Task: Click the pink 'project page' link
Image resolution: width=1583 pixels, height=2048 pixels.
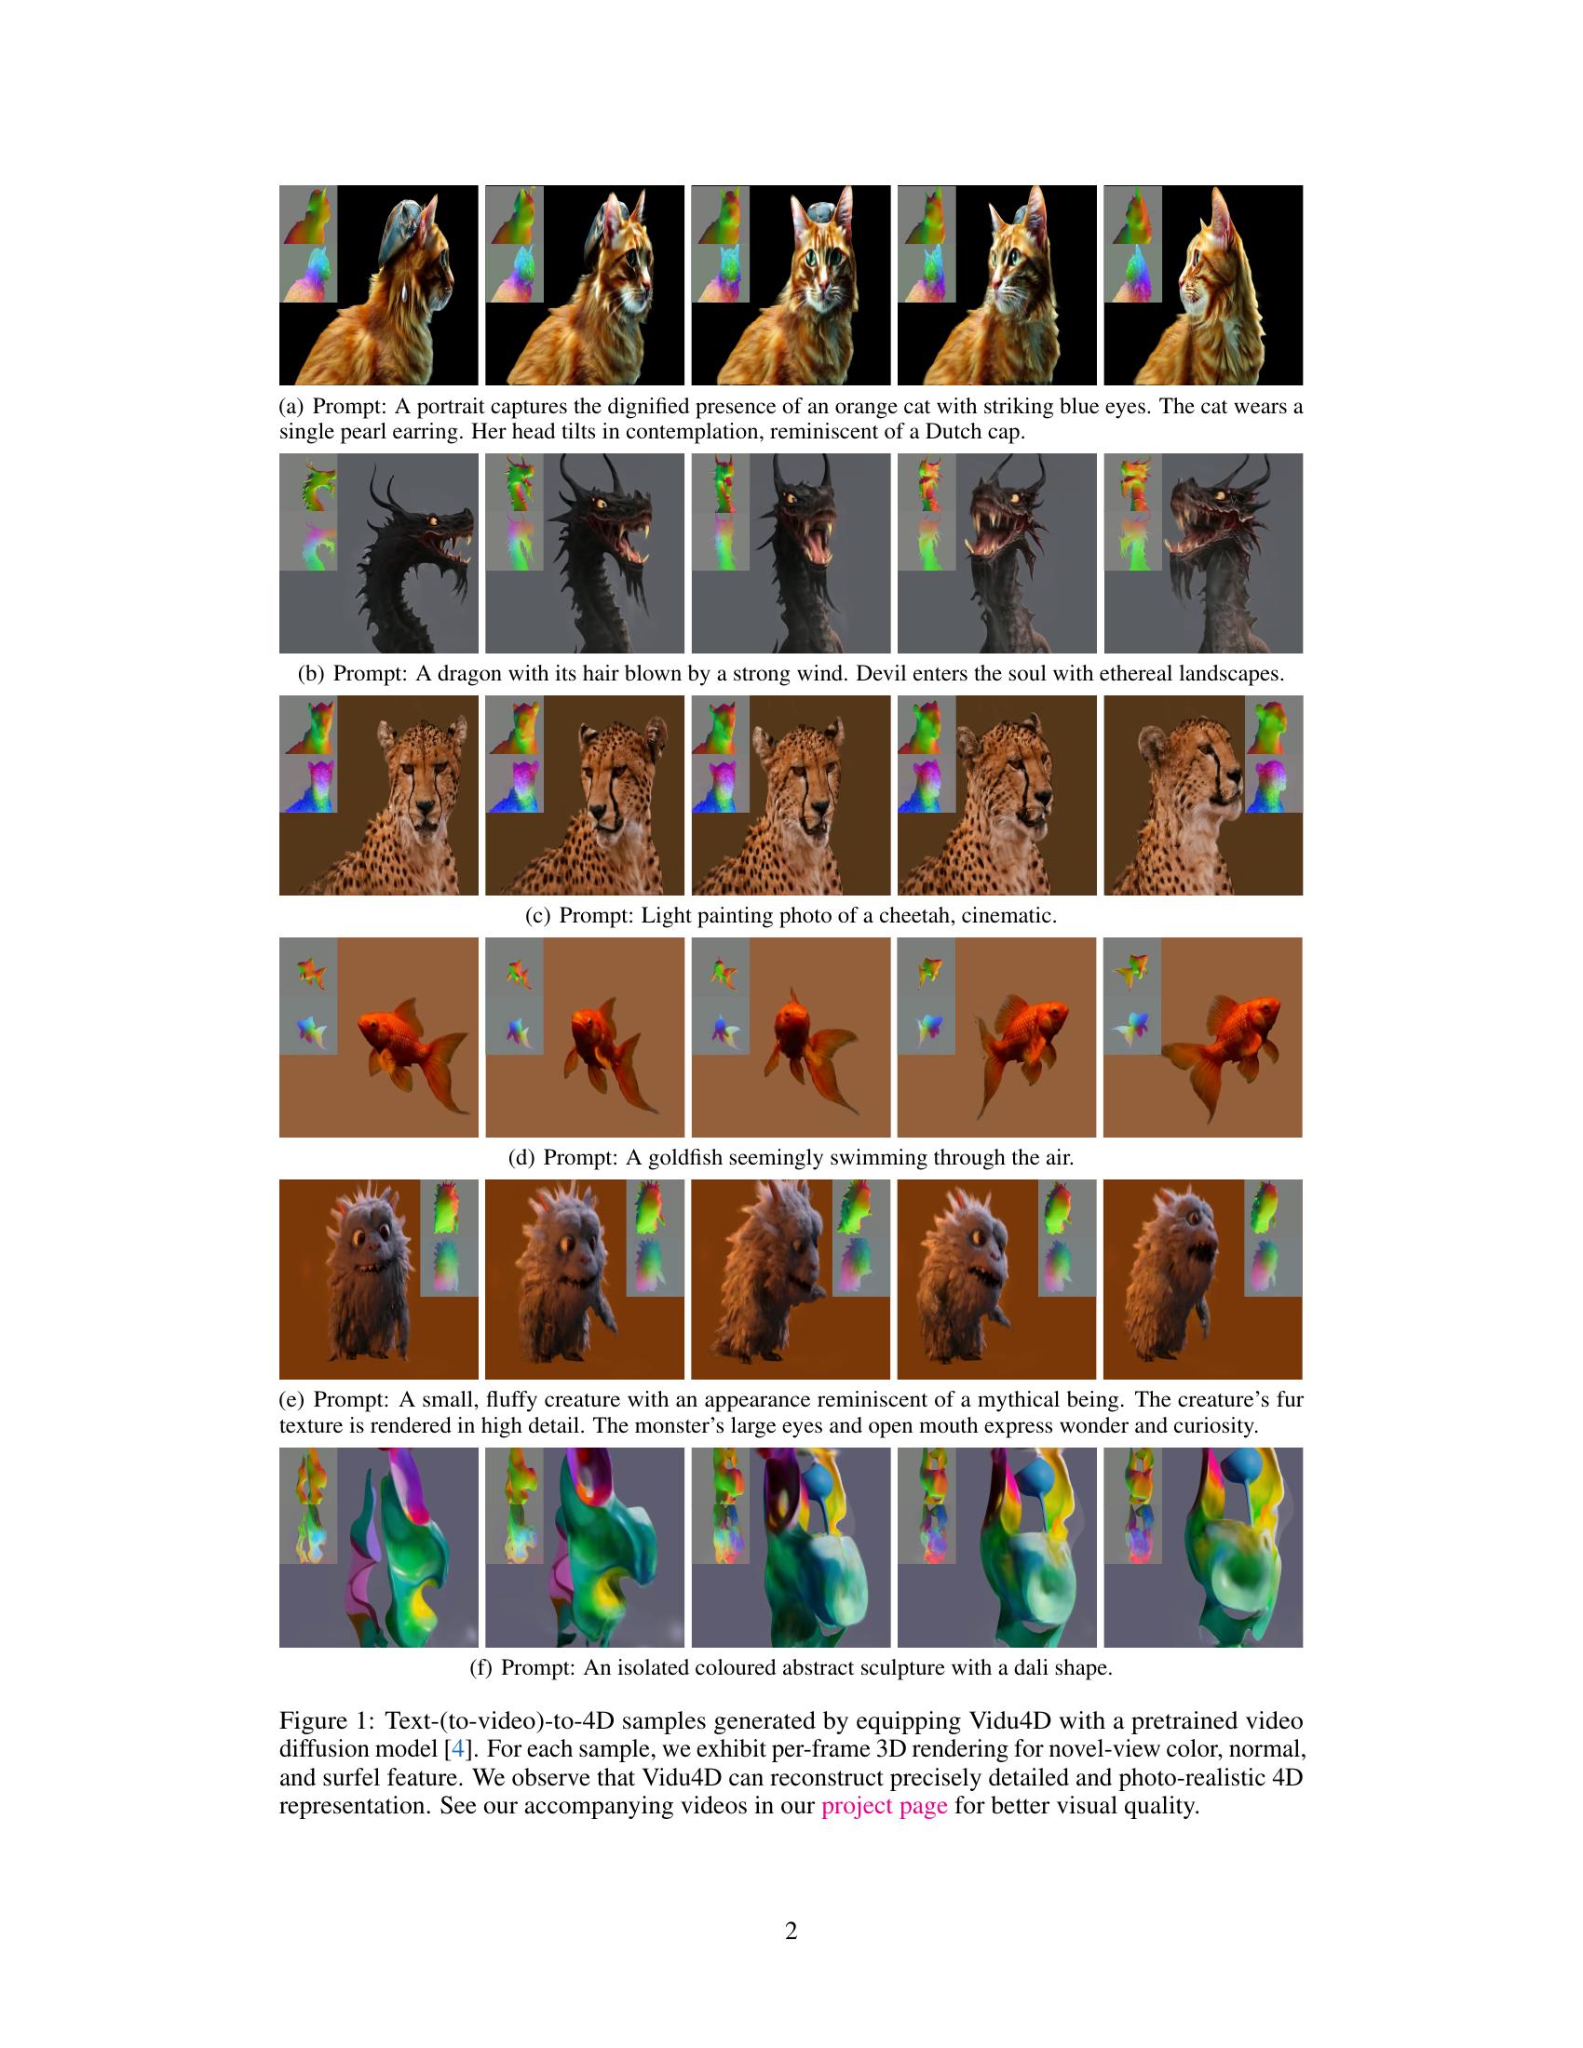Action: click(x=884, y=1806)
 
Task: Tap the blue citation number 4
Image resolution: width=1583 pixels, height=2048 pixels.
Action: click(x=457, y=1749)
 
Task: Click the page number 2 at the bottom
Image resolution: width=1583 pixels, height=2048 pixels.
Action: click(x=791, y=1931)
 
